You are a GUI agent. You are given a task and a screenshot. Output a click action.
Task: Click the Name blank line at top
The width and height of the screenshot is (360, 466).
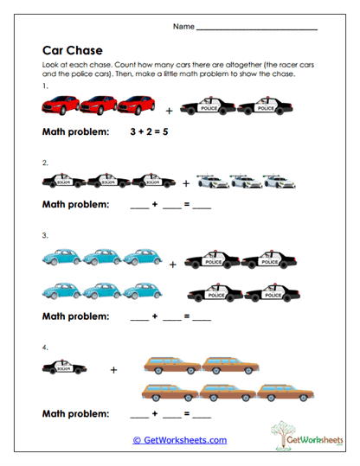coord(257,29)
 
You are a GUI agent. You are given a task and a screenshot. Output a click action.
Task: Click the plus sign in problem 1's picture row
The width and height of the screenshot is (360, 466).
coord(170,111)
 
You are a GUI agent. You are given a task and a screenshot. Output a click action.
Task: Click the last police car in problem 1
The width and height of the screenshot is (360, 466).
coord(258,107)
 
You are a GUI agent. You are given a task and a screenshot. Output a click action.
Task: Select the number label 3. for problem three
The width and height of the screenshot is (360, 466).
coord(44,235)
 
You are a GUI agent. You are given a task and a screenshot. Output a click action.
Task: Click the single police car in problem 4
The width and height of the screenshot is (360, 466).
coord(63,368)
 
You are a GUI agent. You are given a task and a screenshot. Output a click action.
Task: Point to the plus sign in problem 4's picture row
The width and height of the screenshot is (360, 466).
coord(112,370)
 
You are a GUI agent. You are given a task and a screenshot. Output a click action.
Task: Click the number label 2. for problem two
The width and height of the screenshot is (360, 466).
coord(44,162)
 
